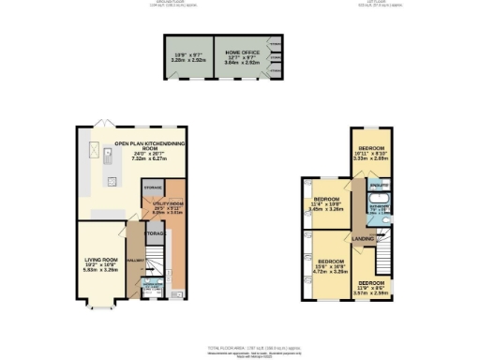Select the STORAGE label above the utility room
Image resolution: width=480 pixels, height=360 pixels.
pyautogui.click(x=154, y=188)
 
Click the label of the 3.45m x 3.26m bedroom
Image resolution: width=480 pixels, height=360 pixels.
pyautogui.click(x=327, y=200)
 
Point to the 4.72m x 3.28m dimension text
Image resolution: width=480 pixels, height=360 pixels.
pyautogui.click(x=334, y=270)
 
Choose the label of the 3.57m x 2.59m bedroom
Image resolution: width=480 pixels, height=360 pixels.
pyautogui.click(x=370, y=282)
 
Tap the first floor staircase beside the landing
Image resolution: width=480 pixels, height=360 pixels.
pyautogui.click(x=382, y=258)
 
